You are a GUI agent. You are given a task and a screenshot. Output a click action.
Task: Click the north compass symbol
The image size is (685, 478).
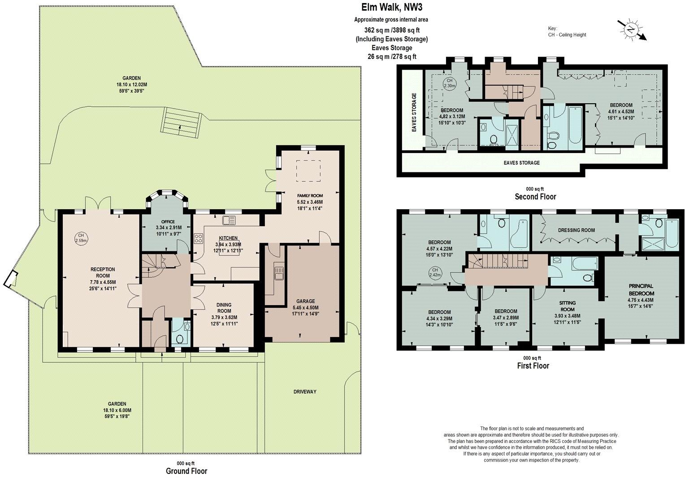click(631, 30)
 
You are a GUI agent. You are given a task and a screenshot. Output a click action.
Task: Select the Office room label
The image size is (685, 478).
click(168, 221)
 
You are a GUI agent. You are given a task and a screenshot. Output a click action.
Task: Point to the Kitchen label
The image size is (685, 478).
click(228, 238)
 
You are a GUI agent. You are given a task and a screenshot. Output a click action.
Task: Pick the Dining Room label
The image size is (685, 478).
click(224, 308)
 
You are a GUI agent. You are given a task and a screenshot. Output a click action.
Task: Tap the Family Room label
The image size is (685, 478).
click(310, 196)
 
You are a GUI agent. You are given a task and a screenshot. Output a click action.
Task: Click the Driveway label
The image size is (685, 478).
click(305, 391)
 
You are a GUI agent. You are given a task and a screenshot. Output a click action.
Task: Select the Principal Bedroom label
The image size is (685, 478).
click(641, 289)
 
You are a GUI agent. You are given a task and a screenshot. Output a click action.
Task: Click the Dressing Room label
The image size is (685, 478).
click(577, 230)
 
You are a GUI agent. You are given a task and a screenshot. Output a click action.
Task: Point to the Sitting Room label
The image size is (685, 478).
click(567, 306)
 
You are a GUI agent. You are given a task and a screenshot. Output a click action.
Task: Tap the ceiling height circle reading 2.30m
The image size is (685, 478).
click(449, 83)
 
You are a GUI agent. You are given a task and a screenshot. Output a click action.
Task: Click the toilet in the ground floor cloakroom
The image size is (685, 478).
click(179, 338)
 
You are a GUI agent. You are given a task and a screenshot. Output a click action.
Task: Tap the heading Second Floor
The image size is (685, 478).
click(535, 197)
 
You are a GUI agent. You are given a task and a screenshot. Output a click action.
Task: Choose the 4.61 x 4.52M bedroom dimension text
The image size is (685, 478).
click(620, 112)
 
